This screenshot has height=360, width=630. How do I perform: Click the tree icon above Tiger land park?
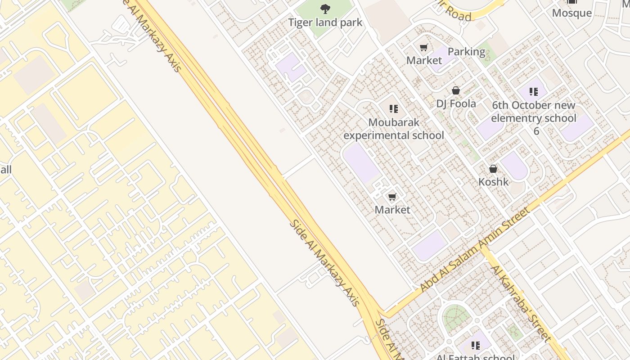pos(325,9)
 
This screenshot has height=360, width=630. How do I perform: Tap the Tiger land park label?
pos(325,22)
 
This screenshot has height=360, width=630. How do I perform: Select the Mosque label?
pos(571,13)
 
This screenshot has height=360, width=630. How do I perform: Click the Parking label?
pos(466,52)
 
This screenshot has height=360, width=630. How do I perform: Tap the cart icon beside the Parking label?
pos(423,48)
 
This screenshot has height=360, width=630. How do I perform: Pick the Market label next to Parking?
pos(424,60)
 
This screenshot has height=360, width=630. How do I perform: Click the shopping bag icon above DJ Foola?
pos(456,91)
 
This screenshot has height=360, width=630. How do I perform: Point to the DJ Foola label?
pos(456,104)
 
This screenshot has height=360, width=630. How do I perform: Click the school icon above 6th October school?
pos(534,92)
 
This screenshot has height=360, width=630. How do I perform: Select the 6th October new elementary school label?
pos(534,118)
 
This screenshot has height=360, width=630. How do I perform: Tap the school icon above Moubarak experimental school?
pos(394,109)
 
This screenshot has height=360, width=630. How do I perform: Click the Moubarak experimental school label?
pos(394,129)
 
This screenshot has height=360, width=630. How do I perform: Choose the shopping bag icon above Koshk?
pos(493,169)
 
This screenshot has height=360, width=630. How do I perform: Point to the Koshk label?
pos(493,182)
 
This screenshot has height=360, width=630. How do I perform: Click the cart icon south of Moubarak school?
pos(392,197)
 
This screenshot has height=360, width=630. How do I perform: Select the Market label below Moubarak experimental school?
pos(392,210)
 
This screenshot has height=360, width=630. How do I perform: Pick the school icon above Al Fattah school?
pos(476,346)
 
